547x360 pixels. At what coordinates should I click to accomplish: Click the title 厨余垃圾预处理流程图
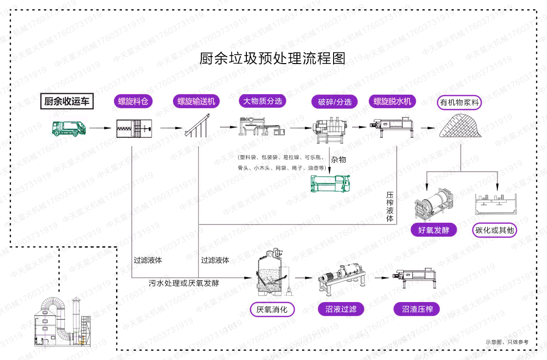click(273, 58)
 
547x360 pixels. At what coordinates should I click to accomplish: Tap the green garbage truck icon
click(68, 128)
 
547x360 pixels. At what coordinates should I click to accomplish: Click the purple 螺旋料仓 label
click(133, 102)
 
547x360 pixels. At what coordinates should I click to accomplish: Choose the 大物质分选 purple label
click(262, 101)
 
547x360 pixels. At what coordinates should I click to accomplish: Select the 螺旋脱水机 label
click(392, 102)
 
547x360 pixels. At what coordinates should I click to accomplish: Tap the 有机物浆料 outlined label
click(459, 103)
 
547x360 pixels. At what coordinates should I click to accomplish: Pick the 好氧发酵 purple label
click(433, 230)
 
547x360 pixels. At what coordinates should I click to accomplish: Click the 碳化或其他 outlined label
click(495, 230)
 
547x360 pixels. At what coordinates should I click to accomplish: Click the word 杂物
click(338, 160)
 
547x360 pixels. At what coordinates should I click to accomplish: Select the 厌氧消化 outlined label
click(272, 309)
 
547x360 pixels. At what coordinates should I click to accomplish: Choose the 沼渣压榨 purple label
click(417, 309)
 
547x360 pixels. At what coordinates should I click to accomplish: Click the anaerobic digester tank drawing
click(271, 274)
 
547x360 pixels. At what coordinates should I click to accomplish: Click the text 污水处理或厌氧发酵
click(184, 283)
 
